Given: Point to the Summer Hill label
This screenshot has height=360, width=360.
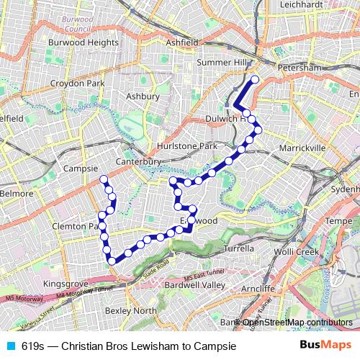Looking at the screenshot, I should (220, 63).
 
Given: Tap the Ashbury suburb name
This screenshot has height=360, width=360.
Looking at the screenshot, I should (142, 96).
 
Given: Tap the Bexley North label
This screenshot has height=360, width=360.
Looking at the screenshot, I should (130, 310).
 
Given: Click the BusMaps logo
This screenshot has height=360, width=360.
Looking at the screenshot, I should (326, 345).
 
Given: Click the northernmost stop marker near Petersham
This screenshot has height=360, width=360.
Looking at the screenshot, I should (254, 79).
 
